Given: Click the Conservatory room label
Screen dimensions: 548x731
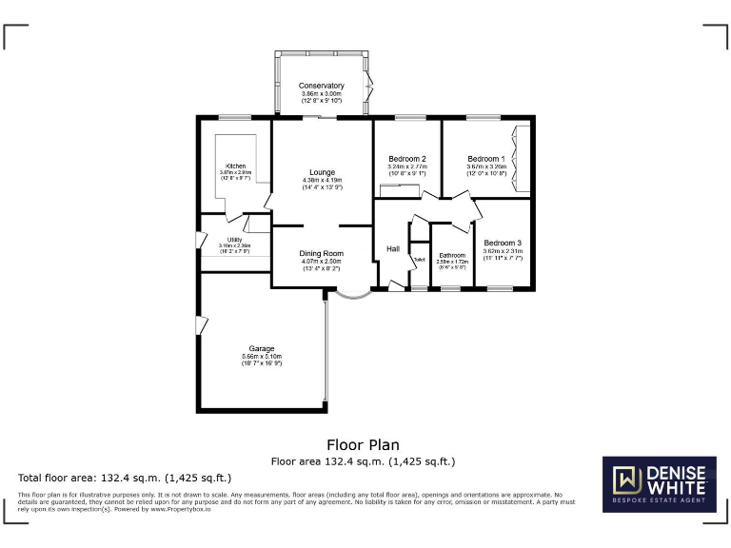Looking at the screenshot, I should (x=321, y=87).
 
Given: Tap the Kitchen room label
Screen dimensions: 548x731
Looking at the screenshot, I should (x=235, y=166).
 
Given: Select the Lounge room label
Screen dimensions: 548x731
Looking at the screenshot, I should (x=321, y=172).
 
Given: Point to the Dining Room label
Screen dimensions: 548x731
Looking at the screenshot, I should (x=321, y=254).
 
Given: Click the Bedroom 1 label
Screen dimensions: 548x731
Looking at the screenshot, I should (x=485, y=159).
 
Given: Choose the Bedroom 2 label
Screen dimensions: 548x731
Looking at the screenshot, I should (x=406, y=159).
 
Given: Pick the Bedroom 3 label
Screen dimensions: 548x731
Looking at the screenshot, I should (x=502, y=244).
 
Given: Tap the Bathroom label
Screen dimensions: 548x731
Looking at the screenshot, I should (x=452, y=255).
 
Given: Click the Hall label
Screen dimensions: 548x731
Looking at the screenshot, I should (x=392, y=249).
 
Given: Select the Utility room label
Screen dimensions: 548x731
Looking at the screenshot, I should (x=234, y=240).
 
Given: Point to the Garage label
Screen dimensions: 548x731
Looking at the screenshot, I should (x=262, y=348).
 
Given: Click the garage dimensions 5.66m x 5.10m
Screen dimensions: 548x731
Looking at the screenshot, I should (x=262, y=359).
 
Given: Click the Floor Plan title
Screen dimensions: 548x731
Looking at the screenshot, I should (x=363, y=444).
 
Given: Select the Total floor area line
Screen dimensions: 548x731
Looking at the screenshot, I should (x=125, y=478).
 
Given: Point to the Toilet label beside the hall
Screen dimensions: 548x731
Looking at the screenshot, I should (x=418, y=260).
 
